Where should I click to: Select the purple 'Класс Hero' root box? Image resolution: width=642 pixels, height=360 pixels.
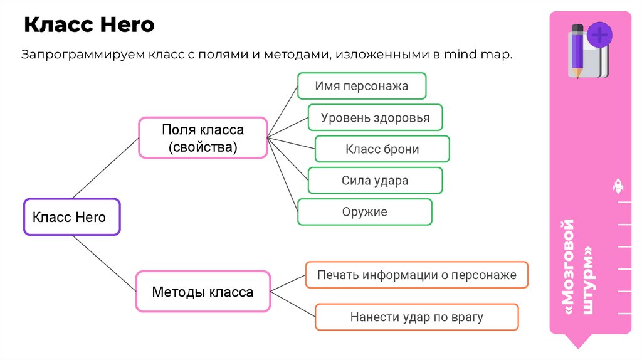point(71,217)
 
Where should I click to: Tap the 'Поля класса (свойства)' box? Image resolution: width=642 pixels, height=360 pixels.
point(203,138)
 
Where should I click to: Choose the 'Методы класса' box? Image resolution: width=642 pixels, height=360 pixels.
point(203,292)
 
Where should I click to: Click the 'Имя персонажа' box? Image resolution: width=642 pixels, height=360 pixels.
point(362,86)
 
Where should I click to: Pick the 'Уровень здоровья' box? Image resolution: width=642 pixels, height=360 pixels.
point(375,117)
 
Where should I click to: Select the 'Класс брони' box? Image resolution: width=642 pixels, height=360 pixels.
point(382,149)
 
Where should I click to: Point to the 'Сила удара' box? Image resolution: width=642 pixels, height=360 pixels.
point(375,181)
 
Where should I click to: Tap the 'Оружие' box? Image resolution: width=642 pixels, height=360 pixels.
point(364,212)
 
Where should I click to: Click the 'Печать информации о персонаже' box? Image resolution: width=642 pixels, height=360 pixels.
point(416,275)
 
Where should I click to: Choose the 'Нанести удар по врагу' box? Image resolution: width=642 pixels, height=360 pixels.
point(416,317)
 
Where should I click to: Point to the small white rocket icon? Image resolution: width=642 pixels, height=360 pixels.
point(617,186)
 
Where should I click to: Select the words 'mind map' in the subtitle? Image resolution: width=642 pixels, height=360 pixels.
point(477,55)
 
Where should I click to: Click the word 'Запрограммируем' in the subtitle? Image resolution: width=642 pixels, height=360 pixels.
point(83,55)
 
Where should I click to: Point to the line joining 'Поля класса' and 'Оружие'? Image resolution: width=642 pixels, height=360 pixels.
point(282,174)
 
